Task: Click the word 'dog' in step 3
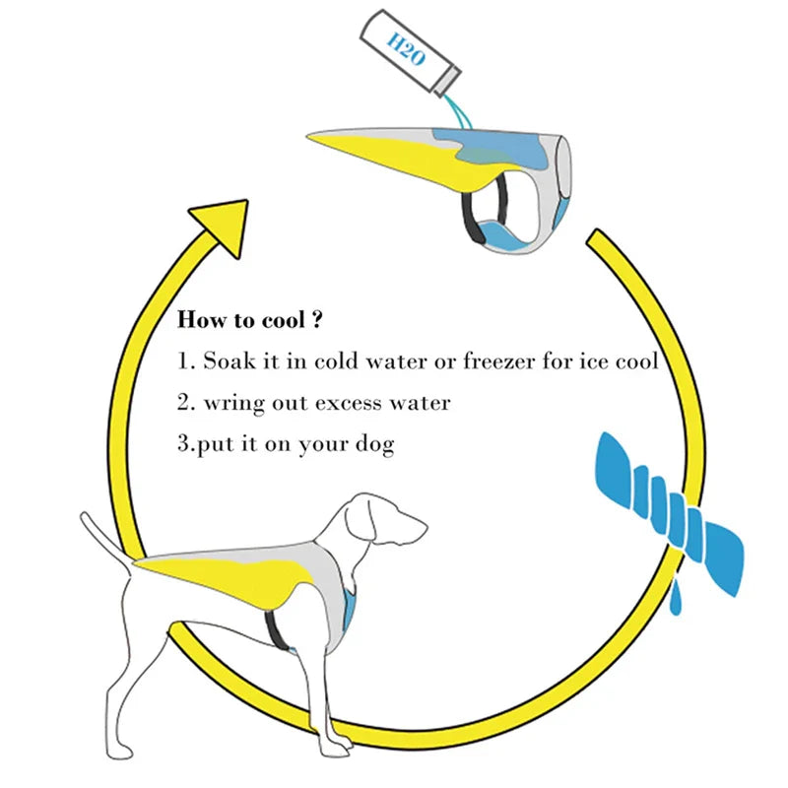pyautogui.click(x=373, y=445)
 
